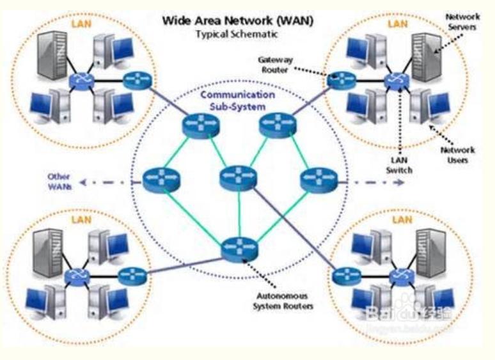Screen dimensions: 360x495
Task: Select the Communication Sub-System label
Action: tap(238, 100)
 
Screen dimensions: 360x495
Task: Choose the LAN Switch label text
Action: tap(400, 162)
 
